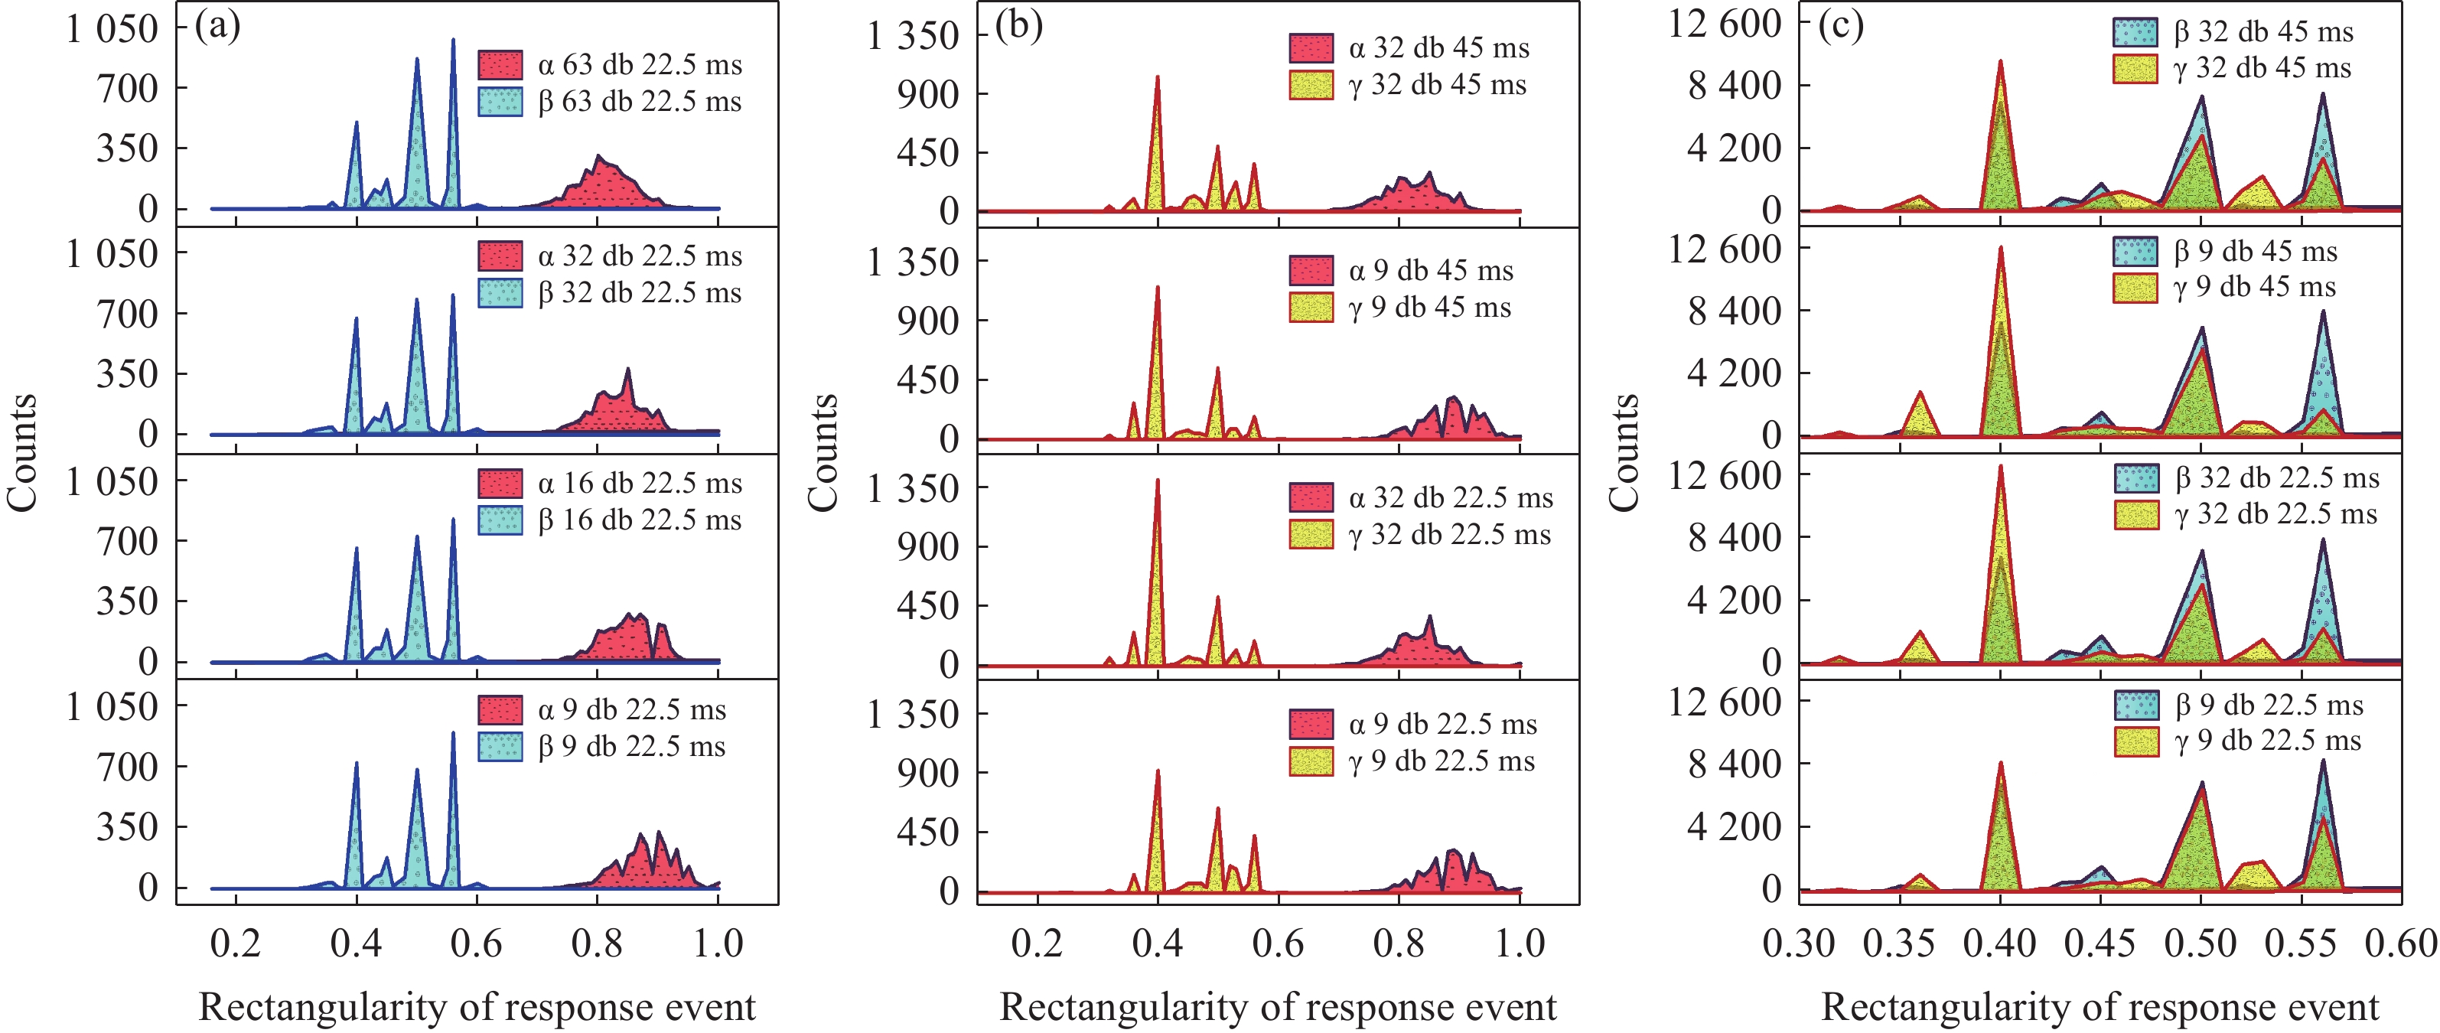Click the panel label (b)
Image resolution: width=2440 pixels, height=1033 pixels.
tap(1018, 25)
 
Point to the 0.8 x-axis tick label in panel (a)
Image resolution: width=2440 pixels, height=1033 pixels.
tap(598, 943)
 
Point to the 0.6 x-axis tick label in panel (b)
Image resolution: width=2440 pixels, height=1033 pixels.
tap(1278, 943)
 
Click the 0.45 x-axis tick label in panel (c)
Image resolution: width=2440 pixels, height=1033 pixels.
tap(2100, 943)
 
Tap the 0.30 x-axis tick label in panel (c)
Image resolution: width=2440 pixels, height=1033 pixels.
tap(1799, 943)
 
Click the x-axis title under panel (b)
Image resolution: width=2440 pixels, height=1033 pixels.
tap(1278, 1006)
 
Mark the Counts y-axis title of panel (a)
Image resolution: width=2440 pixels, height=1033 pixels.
tap(21, 453)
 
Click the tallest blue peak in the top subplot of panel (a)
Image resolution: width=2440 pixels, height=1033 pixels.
tap(453, 41)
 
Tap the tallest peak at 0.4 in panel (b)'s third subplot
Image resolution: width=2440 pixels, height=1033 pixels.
tap(1158, 481)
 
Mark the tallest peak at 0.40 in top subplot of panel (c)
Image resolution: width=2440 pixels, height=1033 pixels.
tap(2001, 62)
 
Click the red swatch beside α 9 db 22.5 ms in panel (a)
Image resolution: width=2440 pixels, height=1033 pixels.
tap(500, 710)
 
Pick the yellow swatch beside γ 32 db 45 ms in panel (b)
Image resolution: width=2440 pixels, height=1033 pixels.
tap(1311, 85)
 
